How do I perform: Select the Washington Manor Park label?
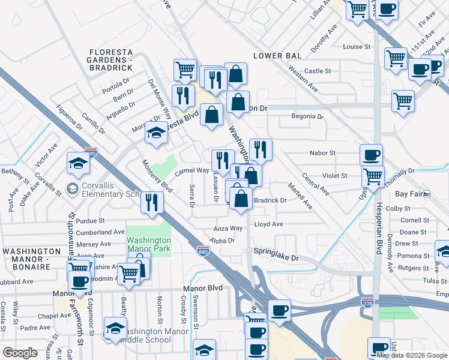pyautogui.click(x=149, y=244)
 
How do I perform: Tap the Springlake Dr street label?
pyautogui.click(x=276, y=257)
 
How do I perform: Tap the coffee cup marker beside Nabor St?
pyautogui.click(x=371, y=155)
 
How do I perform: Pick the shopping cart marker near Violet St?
pyautogui.click(x=373, y=177)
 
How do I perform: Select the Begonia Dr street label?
pyautogui.click(x=307, y=116)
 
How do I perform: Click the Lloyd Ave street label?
pyautogui.click(x=268, y=224)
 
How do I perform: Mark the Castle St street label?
pyautogui.click(x=318, y=71)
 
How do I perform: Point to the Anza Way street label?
pyautogui.click(x=229, y=229)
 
